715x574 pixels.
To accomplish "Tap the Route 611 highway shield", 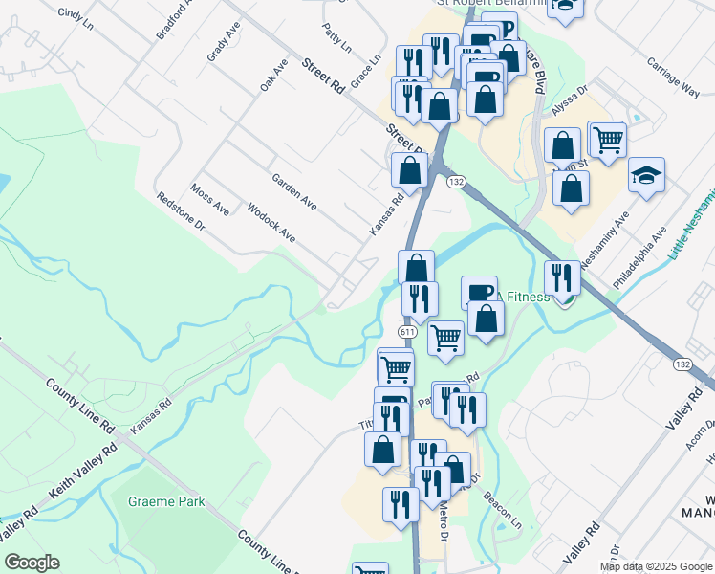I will (406, 331).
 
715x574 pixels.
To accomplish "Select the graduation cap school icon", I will (646, 176).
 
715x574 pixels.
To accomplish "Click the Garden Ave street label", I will (293, 192).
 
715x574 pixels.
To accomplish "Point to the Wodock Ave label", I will (271, 222).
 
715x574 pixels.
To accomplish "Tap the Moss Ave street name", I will (210, 199).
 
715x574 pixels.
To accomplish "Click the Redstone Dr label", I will (182, 210).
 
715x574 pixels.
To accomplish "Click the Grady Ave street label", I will (223, 44).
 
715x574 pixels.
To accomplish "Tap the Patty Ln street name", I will (336, 38).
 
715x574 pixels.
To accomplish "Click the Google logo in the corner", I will (32, 563).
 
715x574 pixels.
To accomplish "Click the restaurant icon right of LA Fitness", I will (562, 277).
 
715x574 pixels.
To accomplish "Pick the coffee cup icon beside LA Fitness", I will (479, 291).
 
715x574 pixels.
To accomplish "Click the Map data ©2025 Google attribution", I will (656, 566).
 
